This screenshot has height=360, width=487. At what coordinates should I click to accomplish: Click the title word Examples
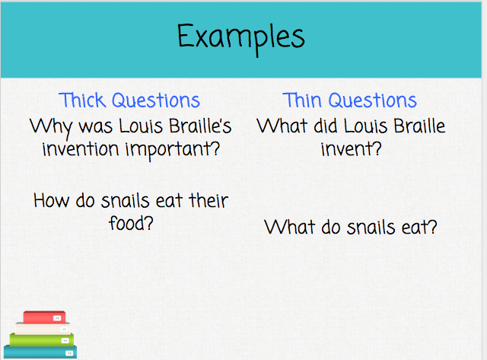coord(241,37)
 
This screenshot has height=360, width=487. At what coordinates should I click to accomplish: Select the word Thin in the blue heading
coord(301,100)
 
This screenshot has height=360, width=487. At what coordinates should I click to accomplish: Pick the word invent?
coord(351,148)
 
